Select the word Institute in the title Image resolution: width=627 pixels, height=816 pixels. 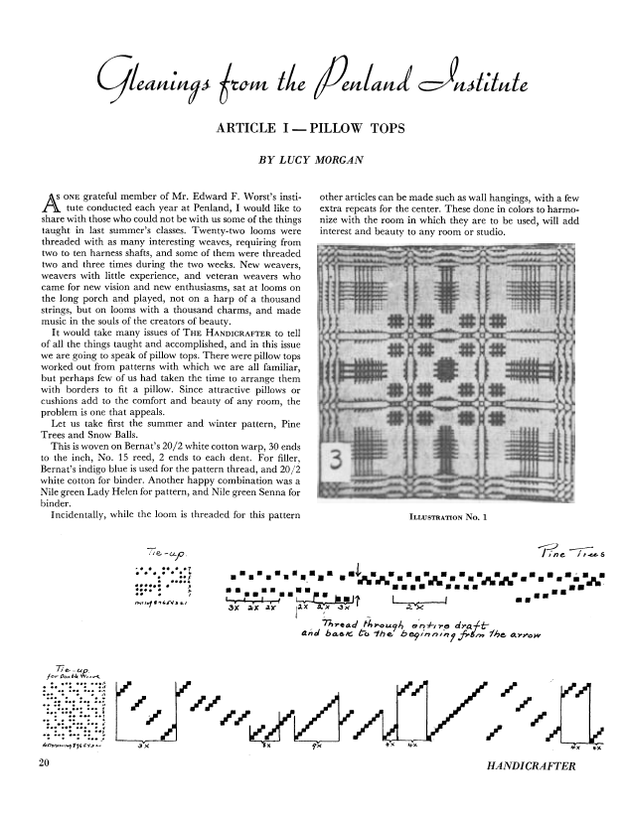coord(506,71)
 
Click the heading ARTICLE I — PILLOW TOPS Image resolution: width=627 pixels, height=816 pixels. coord(313,126)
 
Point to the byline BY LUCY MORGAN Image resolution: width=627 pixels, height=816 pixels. coord(313,157)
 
